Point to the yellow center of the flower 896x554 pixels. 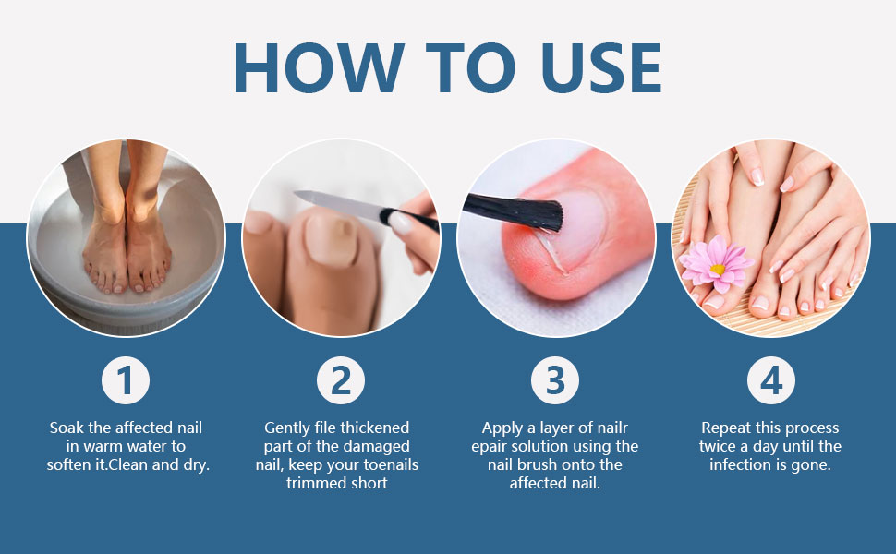(717, 269)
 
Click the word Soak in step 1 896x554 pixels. (67, 428)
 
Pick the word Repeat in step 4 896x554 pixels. (728, 428)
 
